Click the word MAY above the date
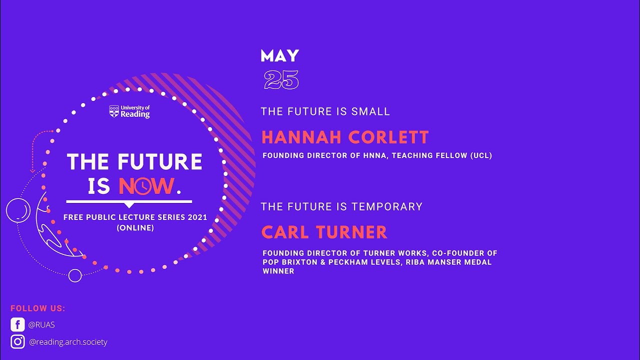pyautogui.click(x=279, y=55)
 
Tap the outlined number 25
pyautogui.click(x=281, y=80)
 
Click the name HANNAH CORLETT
pyautogui.click(x=345, y=137)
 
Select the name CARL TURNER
pyautogui.click(x=324, y=232)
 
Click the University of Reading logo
pyautogui.click(x=129, y=111)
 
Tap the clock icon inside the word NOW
pyautogui.click(x=143, y=186)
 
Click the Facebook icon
pyautogui.click(x=17, y=324)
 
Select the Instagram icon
pyautogui.click(x=17, y=342)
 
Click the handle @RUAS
pyautogui.click(x=41, y=325)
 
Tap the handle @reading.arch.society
pyautogui.click(x=68, y=342)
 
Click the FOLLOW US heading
pyautogui.click(x=38, y=308)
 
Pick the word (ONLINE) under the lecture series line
pyautogui.click(x=135, y=227)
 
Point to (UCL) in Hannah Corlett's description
pyautogui.click(x=481, y=155)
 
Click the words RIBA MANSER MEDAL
pyautogui.click(x=454, y=262)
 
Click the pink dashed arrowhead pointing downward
pyautogui.click(x=32, y=170)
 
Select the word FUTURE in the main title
pyautogui.click(x=160, y=161)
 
